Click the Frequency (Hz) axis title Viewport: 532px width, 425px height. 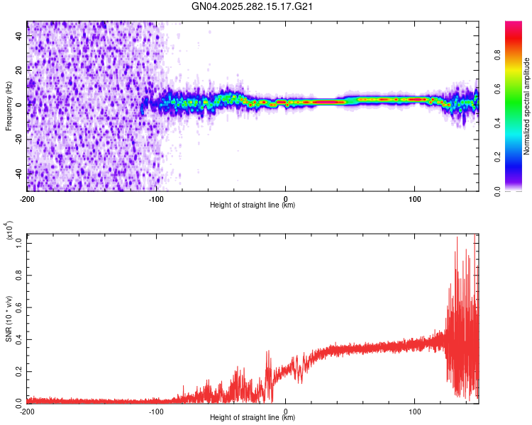pyautogui.click(x=9, y=106)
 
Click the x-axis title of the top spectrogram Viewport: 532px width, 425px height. pyautogui.click(x=253, y=205)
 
